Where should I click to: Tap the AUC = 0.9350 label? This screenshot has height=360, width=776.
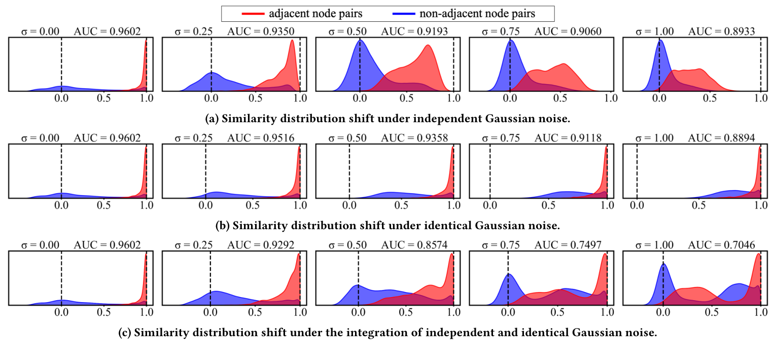[261, 31]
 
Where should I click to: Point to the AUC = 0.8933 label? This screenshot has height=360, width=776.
[721, 31]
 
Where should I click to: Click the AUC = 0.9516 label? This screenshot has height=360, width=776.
[261, 138]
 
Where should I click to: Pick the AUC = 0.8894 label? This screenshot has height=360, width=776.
[721, 138]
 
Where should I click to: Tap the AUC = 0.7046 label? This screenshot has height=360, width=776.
[721, 245]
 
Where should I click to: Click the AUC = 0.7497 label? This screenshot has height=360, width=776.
[568, 245]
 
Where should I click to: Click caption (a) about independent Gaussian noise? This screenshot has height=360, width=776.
[387, 119]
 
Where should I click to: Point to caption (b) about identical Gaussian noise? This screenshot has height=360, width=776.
[387, 225]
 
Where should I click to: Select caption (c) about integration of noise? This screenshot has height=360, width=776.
[387, 333]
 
